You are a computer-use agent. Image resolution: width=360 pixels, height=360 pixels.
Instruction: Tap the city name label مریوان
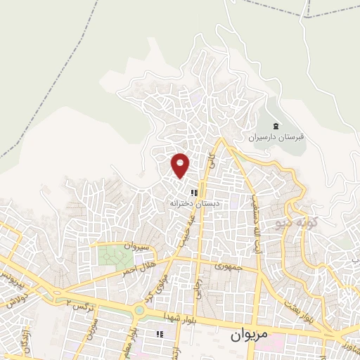tap(247, 335)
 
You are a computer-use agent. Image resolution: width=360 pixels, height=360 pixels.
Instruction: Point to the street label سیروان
tap(138, 246)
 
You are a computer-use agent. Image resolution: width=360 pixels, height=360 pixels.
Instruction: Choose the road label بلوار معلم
tap(128, 340)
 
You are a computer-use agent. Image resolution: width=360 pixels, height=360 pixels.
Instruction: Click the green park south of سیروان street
tap(110, 255)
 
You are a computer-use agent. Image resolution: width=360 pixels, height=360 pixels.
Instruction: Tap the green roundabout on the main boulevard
tap(139, 309)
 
